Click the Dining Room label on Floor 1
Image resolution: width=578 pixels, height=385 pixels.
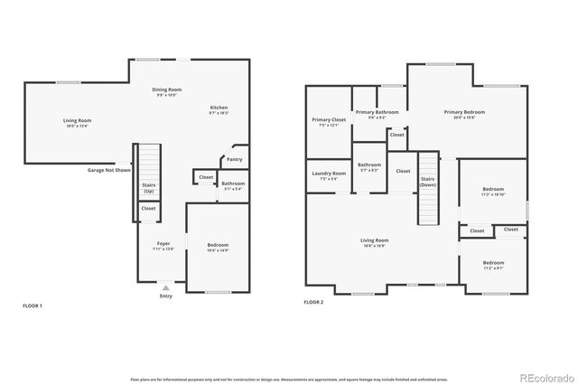click(x=167, y=90)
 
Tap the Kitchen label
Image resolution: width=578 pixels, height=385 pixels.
click(x=219, y=109)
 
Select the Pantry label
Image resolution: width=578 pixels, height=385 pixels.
click(x=234, y=159)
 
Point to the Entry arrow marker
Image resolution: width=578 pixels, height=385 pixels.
click(x=165, y=287)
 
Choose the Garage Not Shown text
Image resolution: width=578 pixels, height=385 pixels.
click(x=109, y=170)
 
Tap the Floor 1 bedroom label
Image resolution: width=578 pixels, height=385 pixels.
click(x=218, y=246)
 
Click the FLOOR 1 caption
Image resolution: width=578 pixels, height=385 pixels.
click(x=33, y=306)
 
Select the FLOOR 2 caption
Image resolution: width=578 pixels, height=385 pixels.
click(x=313, y=302)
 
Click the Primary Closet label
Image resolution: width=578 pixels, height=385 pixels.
click(x=329, y=121)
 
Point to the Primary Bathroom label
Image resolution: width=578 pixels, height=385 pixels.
click(x=378, y=114)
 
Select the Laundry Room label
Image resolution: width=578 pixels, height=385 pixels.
click(x=329, y=174)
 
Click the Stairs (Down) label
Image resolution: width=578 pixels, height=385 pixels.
click(x=428, y=182)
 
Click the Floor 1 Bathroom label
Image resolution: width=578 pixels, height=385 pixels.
click(x=233, y=185)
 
